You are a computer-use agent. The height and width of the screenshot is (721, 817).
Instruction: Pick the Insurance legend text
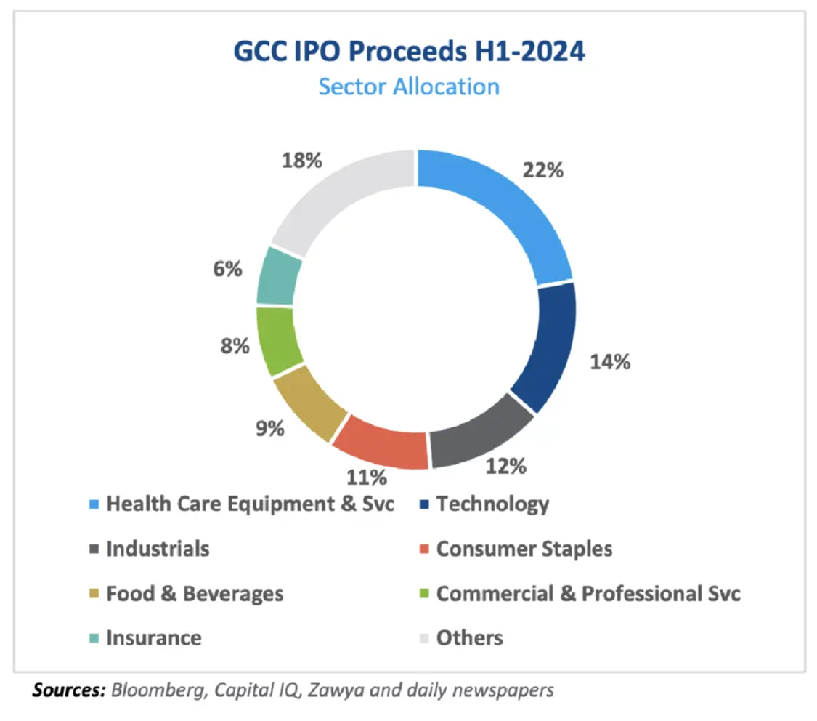(154, 638)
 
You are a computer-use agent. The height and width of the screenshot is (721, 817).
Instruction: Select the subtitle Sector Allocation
(409, 86)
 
